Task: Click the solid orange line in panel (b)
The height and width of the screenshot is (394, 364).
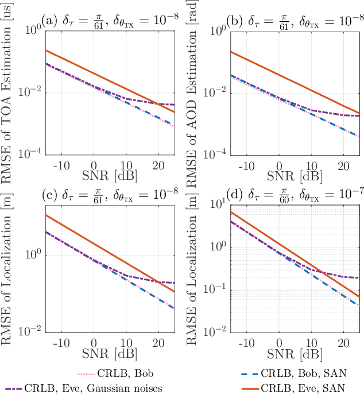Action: coord(278,74)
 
